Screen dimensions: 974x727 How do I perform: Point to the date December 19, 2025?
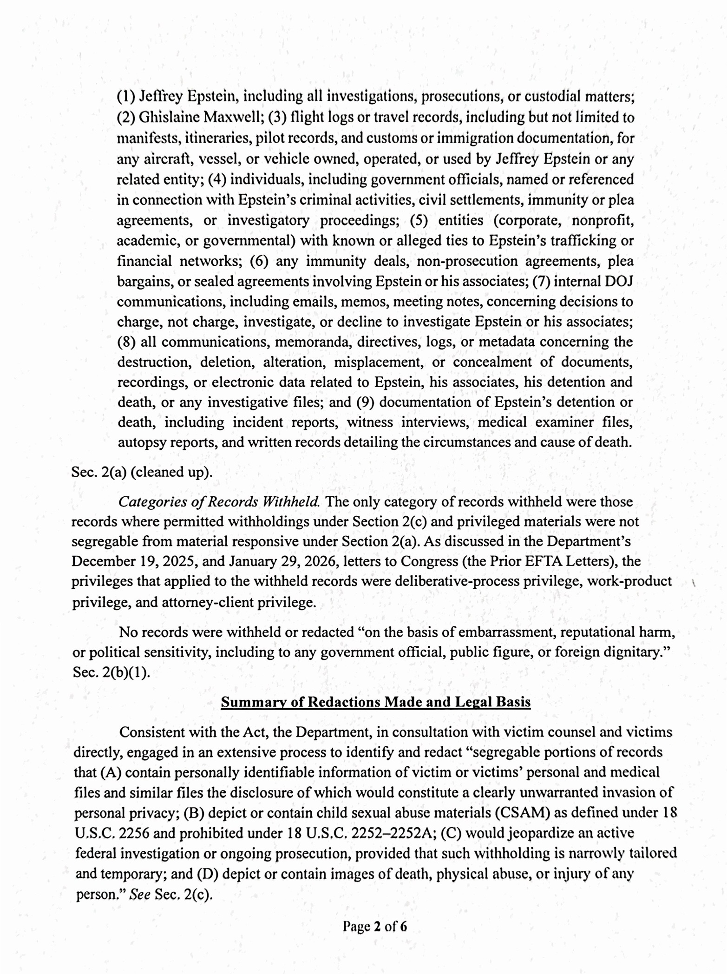tap(134, 561)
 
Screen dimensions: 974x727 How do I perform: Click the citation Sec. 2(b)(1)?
tap(111, 673)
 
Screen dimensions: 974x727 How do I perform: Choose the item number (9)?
tap(365, 402)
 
